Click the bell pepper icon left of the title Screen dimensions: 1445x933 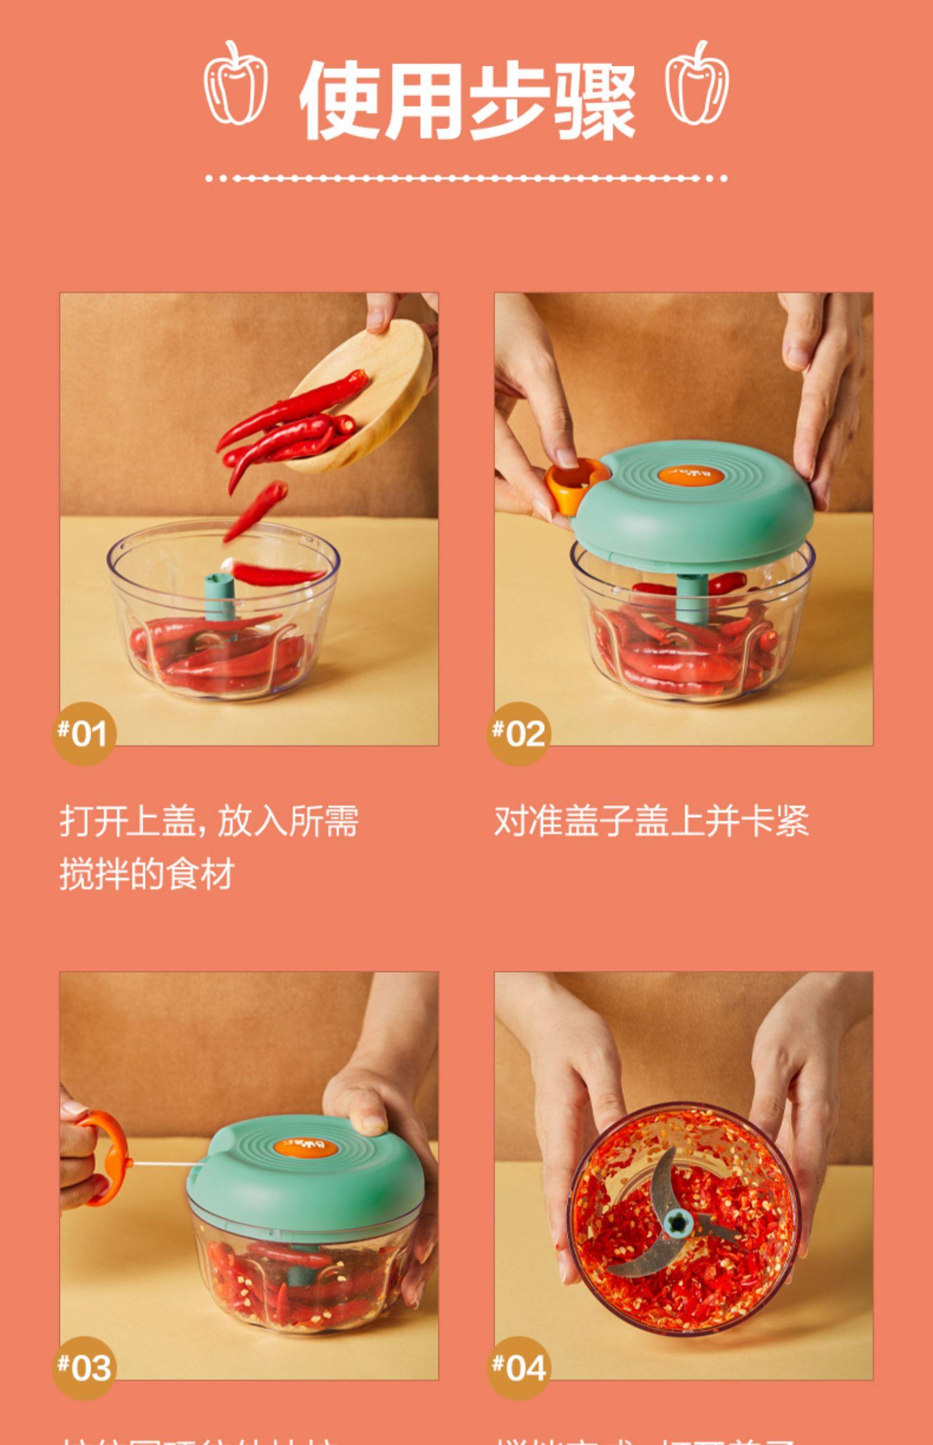click(236, 85)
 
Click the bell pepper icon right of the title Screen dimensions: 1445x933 click(697, 85)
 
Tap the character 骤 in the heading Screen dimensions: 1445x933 click(594, 101)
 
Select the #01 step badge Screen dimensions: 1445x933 click(83, 733)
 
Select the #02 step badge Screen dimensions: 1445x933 click(518, 733)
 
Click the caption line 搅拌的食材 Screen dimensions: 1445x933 click(147, 874)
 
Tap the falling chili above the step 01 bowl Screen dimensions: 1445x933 click(257, 510)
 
